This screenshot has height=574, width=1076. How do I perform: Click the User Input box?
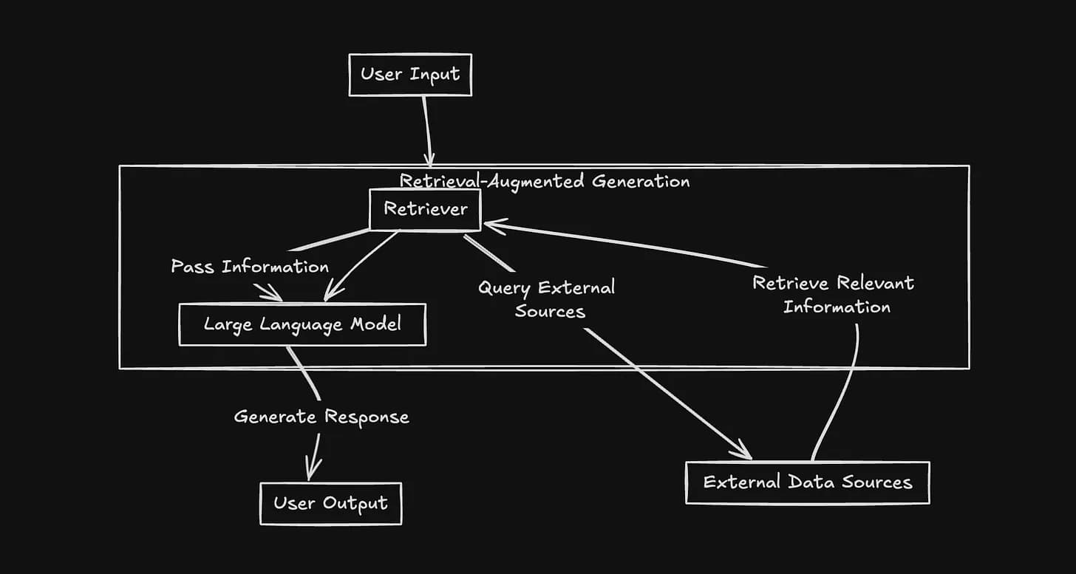point(410,75)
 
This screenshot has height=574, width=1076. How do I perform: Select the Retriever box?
point(425,209)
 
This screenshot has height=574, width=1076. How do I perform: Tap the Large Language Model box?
point(302,324)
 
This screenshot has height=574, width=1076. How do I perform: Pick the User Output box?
point(330,504)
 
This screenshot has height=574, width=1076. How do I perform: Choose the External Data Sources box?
point(807,483)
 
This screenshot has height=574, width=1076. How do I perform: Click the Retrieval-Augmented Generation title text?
point(545,181)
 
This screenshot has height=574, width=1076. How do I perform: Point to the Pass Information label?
point(250,266)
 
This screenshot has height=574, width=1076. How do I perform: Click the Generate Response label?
point(321,417)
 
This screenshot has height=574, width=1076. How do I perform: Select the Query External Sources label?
point(548,299)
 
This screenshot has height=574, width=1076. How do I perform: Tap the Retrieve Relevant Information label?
point(834,295)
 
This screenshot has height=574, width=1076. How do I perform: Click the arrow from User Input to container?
point(426,129)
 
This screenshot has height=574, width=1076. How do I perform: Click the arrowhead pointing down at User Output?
point(313,471)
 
